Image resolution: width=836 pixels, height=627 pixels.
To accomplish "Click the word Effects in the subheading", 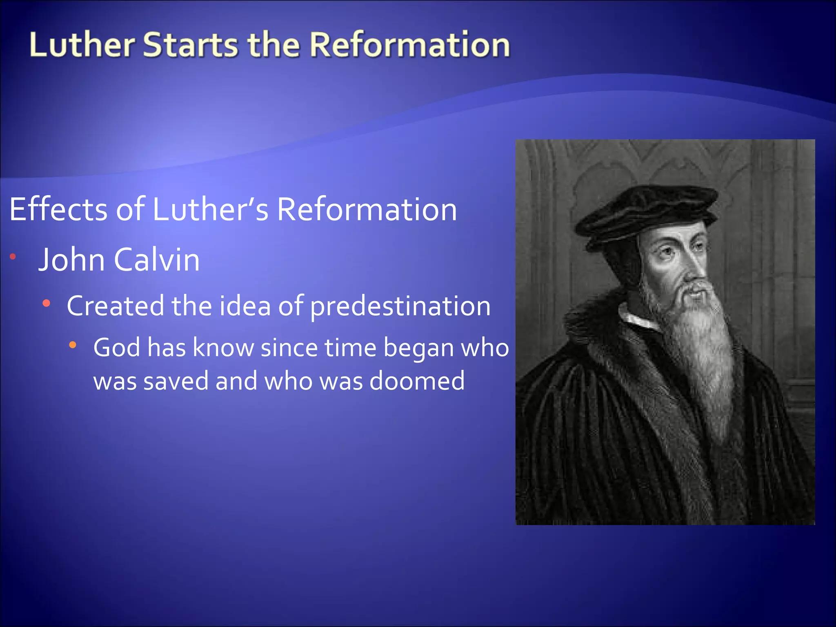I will click(x=58, y=209).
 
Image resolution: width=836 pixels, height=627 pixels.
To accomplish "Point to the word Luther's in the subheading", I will click(x=211, y=209).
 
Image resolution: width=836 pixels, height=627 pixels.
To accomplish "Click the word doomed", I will click(x=417, y=381).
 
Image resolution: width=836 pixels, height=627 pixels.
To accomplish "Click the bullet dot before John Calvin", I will click(x=13, y=256).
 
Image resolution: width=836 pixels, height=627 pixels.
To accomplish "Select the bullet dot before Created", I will click(x=47, y=303).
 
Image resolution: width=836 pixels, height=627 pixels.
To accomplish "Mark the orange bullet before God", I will click(x=73, y=345).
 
